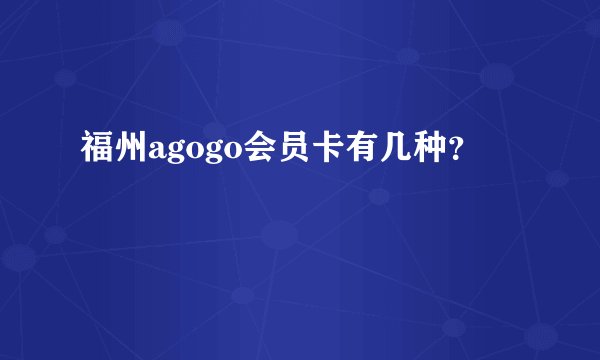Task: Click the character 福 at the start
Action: (x=97, y=150)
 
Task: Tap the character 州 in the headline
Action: (x=129, y=150)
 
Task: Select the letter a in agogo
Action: (x=154, y=153)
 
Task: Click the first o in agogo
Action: (x=188, y=153)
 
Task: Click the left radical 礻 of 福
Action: (x=89, y=150)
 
